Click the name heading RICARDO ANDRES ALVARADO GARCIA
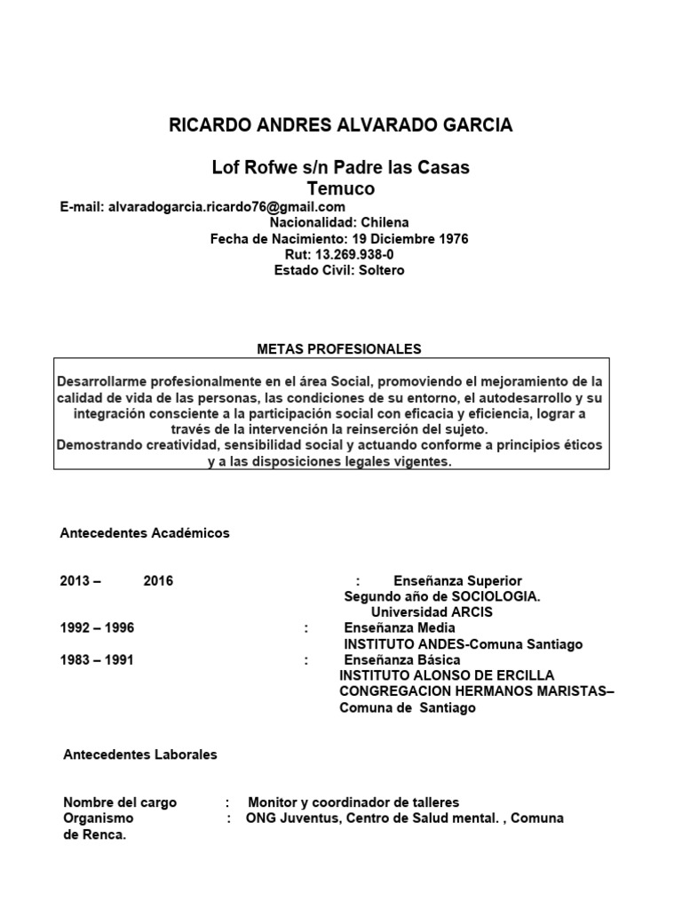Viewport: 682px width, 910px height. click(x=340, y=125)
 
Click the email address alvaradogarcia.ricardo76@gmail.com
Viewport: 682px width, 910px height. click(x=226, y=207)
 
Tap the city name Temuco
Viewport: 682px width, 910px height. click(x=340, y=188)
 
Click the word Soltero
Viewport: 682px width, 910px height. click(x=381, y=270)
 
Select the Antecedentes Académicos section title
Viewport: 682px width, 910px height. click(x=145, y=533)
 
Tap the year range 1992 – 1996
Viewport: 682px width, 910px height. click(x=97, y=628)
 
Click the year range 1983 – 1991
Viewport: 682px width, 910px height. click(x=97, y=660)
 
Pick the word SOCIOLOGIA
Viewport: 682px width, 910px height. click(x=495, y=596)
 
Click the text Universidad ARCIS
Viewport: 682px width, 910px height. click(x=432, y=612)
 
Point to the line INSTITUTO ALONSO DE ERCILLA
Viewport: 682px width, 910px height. click(x=447, y=676)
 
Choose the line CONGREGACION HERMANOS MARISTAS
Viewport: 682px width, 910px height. click(x=473, y=692)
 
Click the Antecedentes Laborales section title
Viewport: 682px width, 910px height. click(x=140, y=754)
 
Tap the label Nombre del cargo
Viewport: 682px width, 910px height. click(x=120, y=802)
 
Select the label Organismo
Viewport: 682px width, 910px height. click(x=99, y=818)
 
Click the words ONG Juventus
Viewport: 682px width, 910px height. click(x=284, y=818)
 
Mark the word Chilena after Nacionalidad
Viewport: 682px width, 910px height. click(x=384, y=223)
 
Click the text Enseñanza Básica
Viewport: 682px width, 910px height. click(x=401, y=660)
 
